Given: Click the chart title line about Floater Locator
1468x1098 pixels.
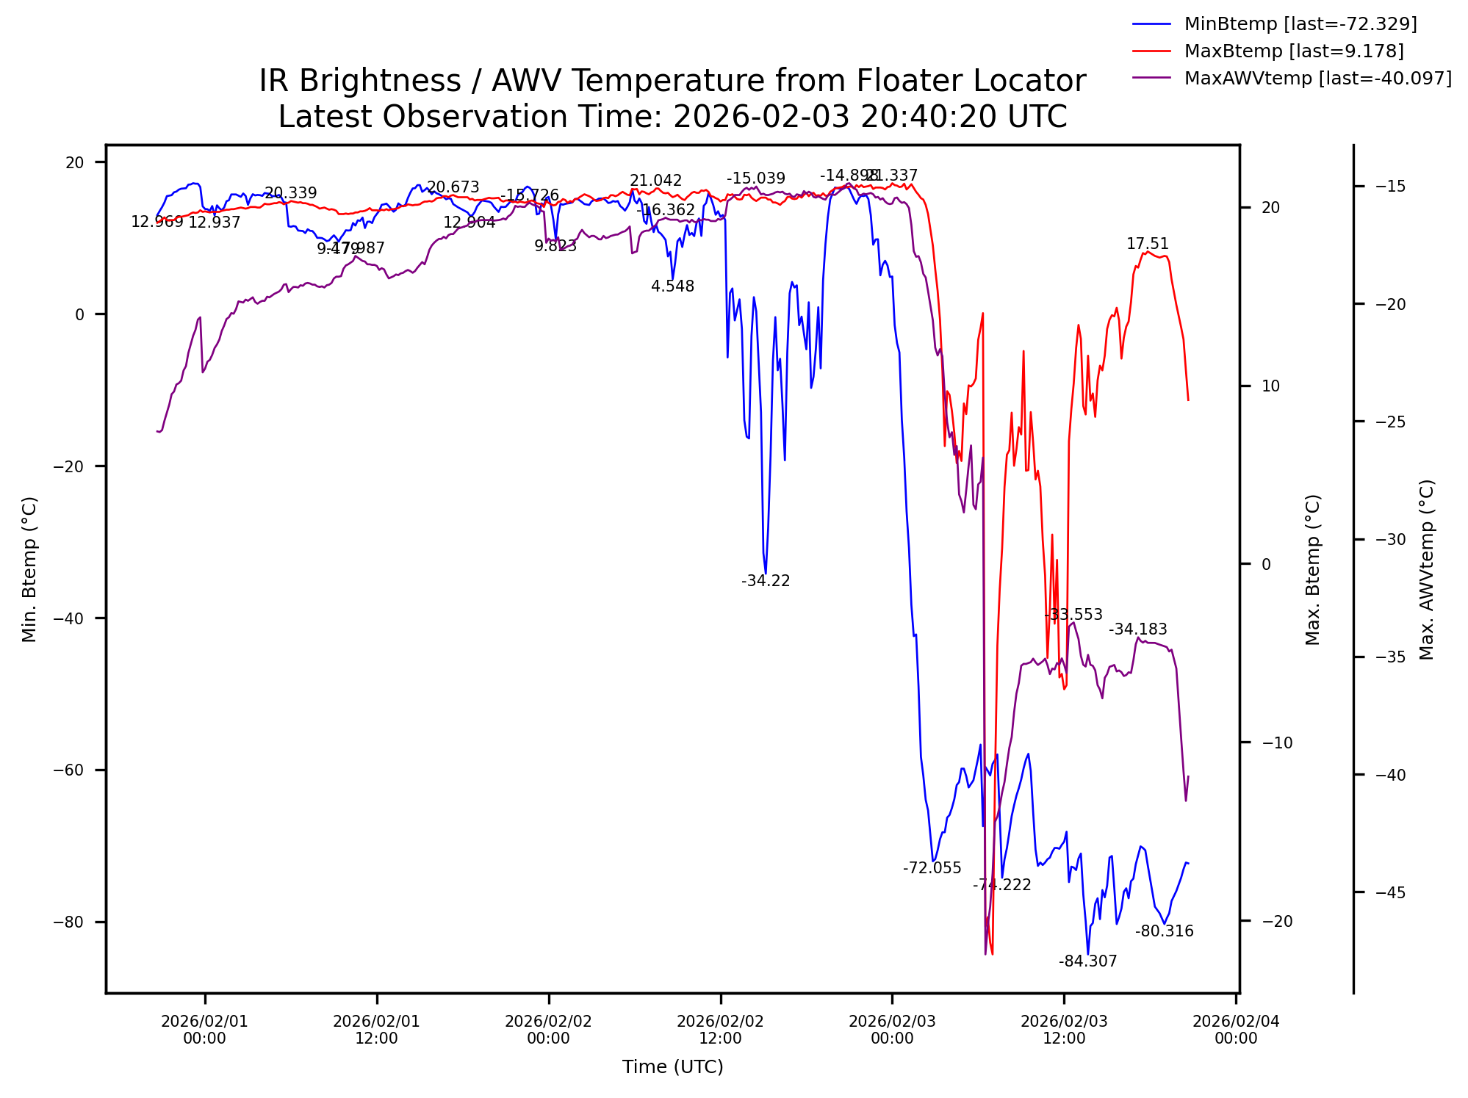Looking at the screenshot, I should (672, 81).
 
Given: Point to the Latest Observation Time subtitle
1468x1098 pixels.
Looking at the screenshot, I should (672, 117).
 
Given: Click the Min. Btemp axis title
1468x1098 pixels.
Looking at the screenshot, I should (29, 569).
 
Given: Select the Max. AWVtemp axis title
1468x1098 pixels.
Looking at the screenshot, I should (1426, 569).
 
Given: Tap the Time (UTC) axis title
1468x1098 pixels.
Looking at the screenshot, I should (672, 1066).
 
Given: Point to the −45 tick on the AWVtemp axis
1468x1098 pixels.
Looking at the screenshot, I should (1390, 893).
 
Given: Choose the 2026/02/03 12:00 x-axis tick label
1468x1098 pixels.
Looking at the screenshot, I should (1064, 1029).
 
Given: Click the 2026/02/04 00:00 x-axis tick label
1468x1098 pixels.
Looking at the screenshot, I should (1236, 1029).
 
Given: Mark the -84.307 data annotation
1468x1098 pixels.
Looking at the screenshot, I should (1087, 961).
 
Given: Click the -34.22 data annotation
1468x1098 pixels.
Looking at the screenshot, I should (766, 581).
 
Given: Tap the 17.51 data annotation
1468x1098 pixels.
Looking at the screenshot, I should (1147, 244).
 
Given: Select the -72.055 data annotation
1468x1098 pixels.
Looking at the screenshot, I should (932, 868).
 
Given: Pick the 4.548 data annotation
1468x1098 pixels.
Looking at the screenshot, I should (672, 286).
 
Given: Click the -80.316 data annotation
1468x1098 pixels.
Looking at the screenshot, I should (1164, 931).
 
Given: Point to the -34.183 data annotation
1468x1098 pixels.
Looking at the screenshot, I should (1137, 629).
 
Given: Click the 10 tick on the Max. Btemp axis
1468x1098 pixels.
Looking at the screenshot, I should (1270, 386).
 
